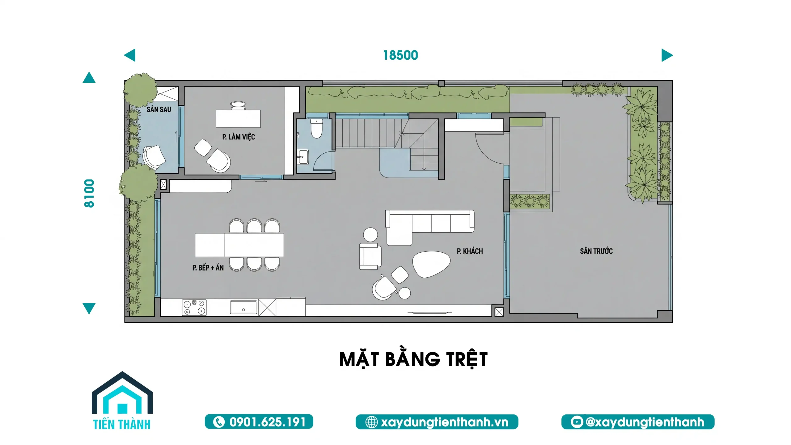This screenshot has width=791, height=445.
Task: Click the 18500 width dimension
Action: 400,55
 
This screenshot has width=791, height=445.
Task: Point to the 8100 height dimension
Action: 89,193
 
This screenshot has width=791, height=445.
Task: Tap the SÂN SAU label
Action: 159,109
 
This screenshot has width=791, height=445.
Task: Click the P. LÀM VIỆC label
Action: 239,137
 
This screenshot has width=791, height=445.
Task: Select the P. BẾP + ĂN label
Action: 208,267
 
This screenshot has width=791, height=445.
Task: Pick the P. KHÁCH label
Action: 470,251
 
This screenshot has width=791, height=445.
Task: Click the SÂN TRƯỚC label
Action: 596,251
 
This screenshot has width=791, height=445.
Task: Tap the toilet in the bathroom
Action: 316,129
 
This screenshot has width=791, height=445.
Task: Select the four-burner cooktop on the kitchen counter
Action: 194,307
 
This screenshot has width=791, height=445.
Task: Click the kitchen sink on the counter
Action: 243,307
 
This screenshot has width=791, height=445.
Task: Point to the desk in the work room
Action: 238,118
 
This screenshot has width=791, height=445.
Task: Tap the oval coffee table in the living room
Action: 431,264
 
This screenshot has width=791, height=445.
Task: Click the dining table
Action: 239,245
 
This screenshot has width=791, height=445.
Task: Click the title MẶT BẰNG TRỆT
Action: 413,359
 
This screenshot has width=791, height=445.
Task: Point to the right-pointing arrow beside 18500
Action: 666,55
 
